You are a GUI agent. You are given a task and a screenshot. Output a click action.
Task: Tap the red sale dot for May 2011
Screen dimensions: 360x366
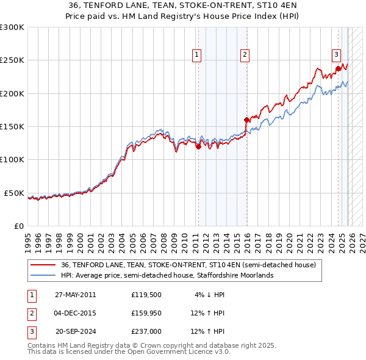pos(198,146)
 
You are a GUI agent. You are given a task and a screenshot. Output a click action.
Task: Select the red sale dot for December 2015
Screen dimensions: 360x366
pos(246,120)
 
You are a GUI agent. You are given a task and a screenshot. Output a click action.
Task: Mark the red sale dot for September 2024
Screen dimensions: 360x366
pos(338,69)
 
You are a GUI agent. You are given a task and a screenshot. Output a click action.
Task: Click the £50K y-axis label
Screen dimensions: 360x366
pos(13,193)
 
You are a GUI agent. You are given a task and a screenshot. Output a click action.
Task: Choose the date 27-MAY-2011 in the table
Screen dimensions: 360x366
pos(75,294)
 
